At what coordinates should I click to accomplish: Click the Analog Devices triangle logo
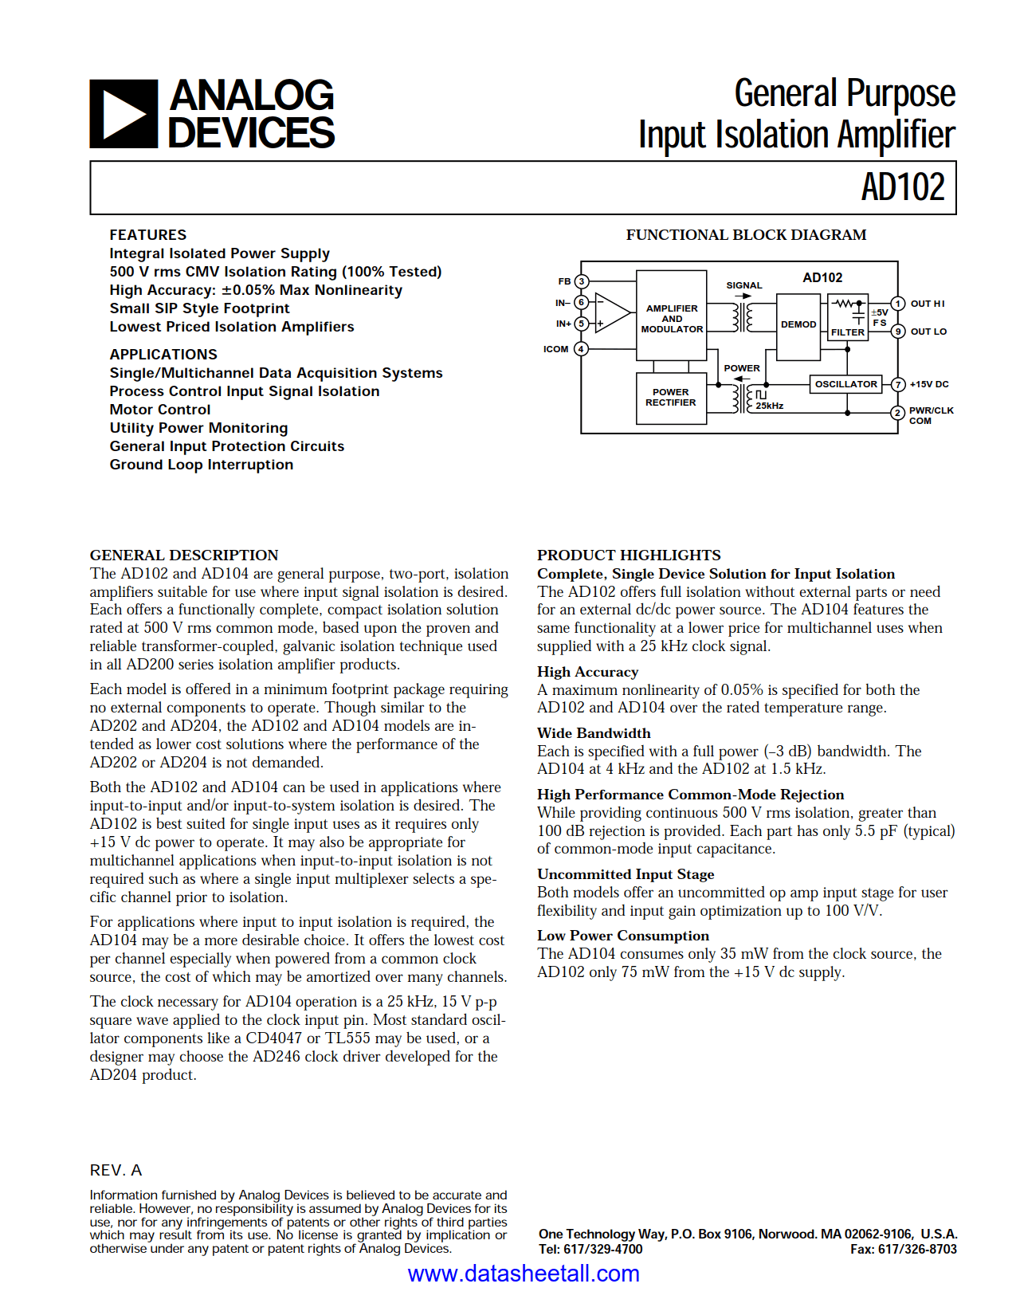pos(124,114)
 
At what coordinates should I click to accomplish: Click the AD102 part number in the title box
pos(902,188)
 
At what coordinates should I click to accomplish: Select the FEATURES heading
pos(148,235)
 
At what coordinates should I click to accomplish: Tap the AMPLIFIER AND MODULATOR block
pos(672,318)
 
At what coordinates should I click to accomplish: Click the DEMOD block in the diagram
pos(798,324)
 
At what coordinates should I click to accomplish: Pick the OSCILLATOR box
pos(845,384)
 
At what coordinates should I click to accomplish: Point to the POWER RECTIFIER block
pos(671,398)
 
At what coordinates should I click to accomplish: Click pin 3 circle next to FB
pos(582,281)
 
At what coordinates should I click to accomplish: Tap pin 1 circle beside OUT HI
pos(898,304)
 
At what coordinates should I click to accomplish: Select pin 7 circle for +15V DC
pos(898,384)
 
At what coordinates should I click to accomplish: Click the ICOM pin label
pos(555,349)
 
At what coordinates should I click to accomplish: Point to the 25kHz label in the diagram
pos(770,406)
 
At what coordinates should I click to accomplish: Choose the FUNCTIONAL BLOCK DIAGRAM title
pos(746,235)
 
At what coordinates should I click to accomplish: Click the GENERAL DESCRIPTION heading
pos(184,555)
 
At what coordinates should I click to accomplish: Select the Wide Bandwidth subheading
pos(594,733)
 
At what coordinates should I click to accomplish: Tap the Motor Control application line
pos(160,410)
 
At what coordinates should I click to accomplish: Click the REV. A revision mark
pos(116,1170)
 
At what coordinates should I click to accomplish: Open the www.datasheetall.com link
pos(524,1274)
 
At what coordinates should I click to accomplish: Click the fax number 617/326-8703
pos(916,1249)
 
